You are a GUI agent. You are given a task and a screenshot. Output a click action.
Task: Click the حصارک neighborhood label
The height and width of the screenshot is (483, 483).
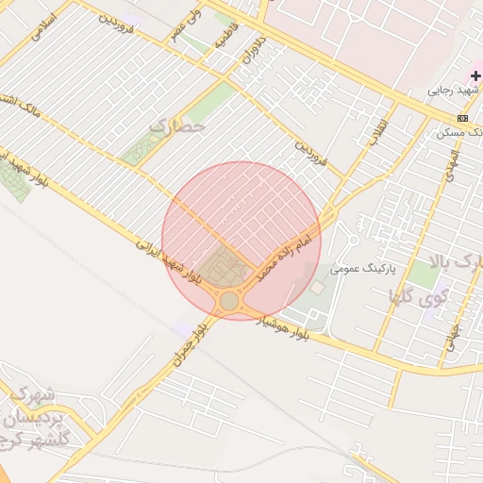[176, 125]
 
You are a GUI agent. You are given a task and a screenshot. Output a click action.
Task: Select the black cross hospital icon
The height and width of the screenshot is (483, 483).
[475, 75]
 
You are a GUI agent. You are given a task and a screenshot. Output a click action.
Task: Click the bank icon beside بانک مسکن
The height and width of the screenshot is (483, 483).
[462, 118]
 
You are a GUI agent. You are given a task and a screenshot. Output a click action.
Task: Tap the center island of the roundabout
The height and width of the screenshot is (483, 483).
[229, 301]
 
